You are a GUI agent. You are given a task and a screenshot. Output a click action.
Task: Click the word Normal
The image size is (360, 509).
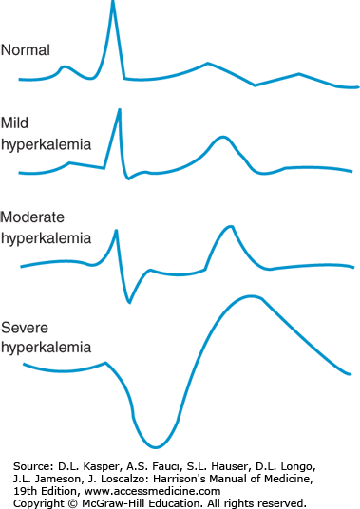(x=26, y=50)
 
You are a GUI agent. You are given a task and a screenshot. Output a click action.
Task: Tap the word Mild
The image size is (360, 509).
(x=14, y=123)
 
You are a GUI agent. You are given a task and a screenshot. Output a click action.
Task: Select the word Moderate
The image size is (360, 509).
(x=32, y=217)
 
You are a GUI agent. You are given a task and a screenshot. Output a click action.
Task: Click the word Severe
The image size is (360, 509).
(x=25, y=328)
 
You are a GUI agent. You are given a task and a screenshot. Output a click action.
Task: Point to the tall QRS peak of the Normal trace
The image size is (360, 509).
(x=113, y=2)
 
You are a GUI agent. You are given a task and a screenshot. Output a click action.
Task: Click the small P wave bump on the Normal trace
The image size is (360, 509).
(x=65, y=67)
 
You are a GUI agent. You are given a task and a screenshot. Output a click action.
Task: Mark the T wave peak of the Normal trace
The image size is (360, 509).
(x=208, y=63)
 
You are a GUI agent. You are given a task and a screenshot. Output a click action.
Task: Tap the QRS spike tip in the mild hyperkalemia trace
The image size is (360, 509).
(x=120, y=110)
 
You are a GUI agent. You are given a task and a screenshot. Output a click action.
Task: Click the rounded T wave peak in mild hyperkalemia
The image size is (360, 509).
(x=222, y=138)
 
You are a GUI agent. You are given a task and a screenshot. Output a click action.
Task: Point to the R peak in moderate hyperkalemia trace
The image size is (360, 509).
(x=116, y=231)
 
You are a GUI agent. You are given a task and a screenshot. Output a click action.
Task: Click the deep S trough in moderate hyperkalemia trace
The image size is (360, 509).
(x=129, y=302)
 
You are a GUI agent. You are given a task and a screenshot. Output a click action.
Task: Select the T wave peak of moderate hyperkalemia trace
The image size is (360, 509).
(x=230, y=227)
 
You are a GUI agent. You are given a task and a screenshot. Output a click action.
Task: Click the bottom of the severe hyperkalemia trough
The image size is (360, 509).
(x=156, y=447)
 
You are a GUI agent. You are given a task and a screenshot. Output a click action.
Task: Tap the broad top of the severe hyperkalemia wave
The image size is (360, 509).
(x=252, y=296)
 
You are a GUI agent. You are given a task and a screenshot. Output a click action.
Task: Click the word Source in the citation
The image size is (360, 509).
(x=32, y=466)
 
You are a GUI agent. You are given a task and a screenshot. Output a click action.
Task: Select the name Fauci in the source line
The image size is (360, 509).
(x=166, y=466)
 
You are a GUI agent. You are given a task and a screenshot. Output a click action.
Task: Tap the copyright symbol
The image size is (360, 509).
(x=73, y=503)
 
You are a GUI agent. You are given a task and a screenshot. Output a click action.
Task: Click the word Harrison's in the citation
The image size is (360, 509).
(x=179, y=479)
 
